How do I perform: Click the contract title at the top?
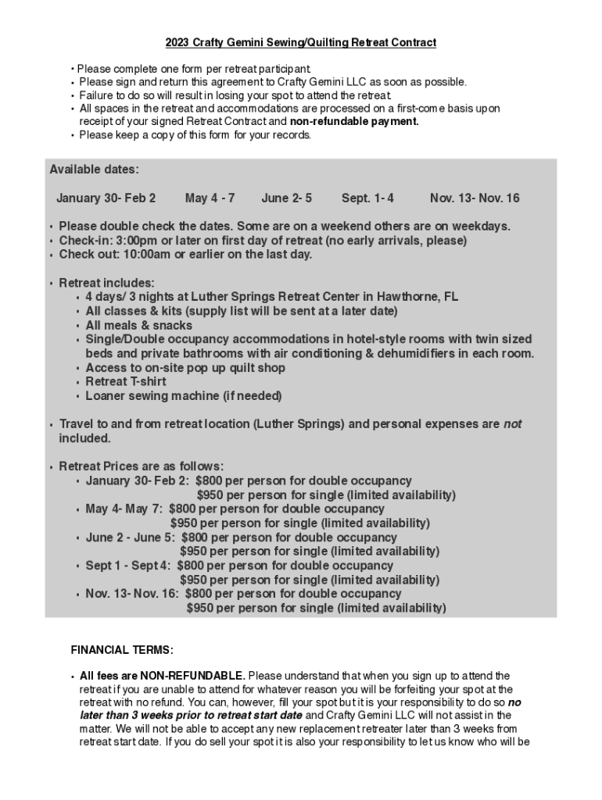coord(300,42)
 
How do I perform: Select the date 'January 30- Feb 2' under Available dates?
coord(106,198)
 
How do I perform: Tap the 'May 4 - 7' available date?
coord(210,198)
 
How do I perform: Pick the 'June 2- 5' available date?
coord(287,198)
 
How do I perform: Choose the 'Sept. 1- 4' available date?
coord(367,198)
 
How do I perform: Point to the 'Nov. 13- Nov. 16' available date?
coord(475,198)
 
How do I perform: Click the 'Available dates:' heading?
coord(95,170)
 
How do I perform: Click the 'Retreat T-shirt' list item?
coord(126,382)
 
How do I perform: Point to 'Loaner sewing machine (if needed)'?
coord(184,396)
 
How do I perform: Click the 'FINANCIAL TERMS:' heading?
coord(122,650)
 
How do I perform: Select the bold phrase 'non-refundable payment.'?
coord(354,122)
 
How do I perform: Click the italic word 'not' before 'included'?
coord(512,424)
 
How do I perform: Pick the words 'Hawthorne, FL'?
coord(417,297)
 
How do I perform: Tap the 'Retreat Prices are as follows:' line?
coord(142,467)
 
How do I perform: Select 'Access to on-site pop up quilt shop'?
coord(185,368)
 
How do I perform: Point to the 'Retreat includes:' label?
coord(107,283)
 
